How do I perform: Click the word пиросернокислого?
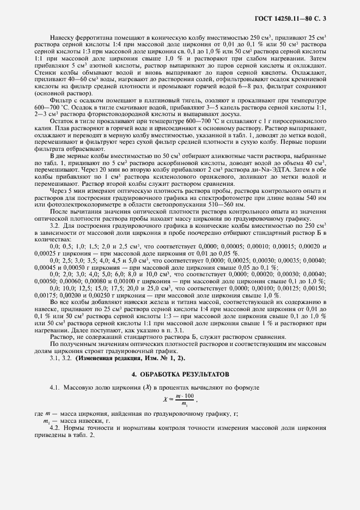[x=297, y=120]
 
